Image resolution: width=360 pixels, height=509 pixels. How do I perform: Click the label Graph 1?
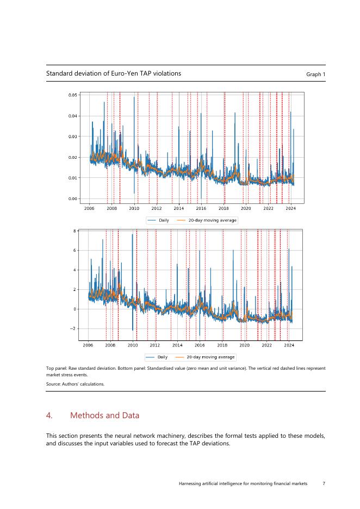[315, 74]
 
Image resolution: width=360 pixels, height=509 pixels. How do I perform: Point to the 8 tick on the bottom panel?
[74, 231]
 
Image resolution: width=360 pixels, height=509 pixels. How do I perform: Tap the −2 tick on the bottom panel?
[72, 329]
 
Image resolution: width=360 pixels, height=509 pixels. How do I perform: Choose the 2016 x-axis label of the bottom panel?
[200, 345]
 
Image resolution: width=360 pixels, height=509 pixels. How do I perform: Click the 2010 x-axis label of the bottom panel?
[133, 345]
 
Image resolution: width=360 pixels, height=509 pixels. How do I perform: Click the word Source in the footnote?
[53, 384]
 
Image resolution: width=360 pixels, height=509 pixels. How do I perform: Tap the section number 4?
[49, 415]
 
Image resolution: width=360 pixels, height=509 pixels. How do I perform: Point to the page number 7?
[324, 483]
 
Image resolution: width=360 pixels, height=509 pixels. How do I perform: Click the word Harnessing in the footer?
[192, 483]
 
